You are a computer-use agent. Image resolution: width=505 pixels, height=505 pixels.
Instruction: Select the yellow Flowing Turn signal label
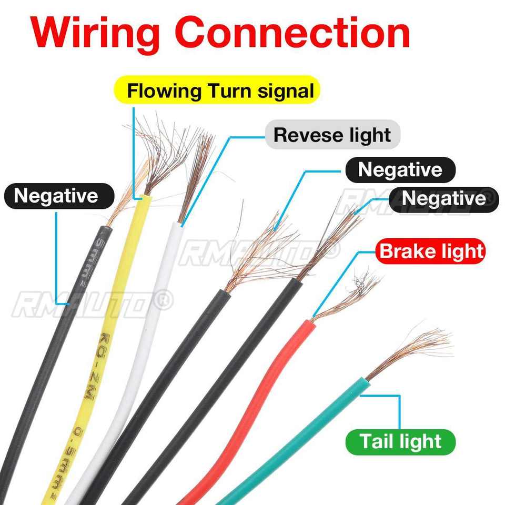(x=220, y=91)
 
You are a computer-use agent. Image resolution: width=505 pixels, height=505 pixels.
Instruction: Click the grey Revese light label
(x=332, y=135)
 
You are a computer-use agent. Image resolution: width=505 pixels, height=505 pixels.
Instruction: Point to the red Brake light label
(x=431, y=251)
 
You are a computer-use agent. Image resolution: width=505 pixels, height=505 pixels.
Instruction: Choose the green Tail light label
(x=400, y=441)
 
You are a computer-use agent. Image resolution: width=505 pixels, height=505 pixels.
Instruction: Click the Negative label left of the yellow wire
(x=56, y=196)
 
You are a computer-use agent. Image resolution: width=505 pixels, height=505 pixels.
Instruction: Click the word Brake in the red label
(x=407, y=251)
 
